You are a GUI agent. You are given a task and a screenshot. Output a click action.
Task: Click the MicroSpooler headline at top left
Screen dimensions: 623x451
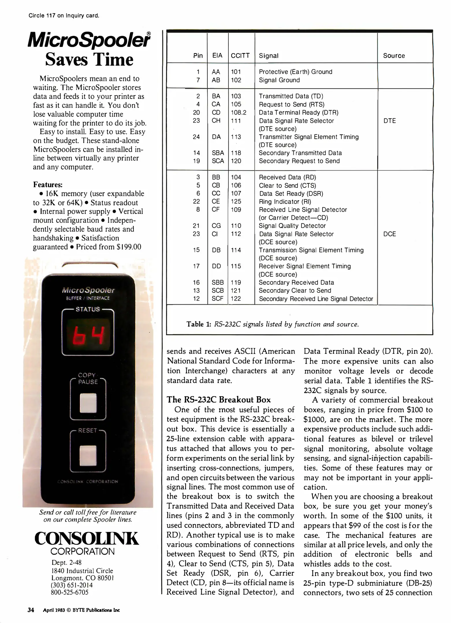[89, 40]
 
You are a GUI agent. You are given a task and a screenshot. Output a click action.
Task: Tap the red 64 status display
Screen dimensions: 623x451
[88, 335]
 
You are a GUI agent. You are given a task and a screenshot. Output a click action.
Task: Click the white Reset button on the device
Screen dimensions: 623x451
[88, 456]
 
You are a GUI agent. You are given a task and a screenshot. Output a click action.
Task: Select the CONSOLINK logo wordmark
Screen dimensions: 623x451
[87, 538]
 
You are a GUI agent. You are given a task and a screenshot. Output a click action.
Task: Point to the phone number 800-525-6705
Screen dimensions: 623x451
[70, 592]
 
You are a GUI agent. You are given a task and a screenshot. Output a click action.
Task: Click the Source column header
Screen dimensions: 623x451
[394, 56]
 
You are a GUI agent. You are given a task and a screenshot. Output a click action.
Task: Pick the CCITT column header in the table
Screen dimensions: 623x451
[240, 56]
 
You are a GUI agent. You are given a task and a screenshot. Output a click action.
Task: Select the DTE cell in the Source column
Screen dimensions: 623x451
[389, 121]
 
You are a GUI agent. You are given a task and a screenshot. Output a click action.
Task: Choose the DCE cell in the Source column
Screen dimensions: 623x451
[389, 234]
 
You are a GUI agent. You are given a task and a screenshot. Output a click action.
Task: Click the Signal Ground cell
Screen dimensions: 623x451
[279, 80]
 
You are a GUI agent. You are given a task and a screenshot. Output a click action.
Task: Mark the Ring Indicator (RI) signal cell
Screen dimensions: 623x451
[285, 202]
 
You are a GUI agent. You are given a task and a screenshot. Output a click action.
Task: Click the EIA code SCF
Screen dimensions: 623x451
[217, 299]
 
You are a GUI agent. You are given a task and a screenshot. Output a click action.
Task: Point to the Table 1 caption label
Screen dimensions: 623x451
[199, 324]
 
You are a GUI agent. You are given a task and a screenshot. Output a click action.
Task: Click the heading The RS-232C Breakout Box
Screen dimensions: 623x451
[219, 399]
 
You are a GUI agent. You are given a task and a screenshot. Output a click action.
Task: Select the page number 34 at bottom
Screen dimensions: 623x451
[31, 610]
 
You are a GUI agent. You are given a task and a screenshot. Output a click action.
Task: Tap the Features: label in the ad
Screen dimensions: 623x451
[48, 185]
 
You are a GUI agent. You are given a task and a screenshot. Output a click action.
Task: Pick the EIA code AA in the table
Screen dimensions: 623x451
[216, 72]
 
